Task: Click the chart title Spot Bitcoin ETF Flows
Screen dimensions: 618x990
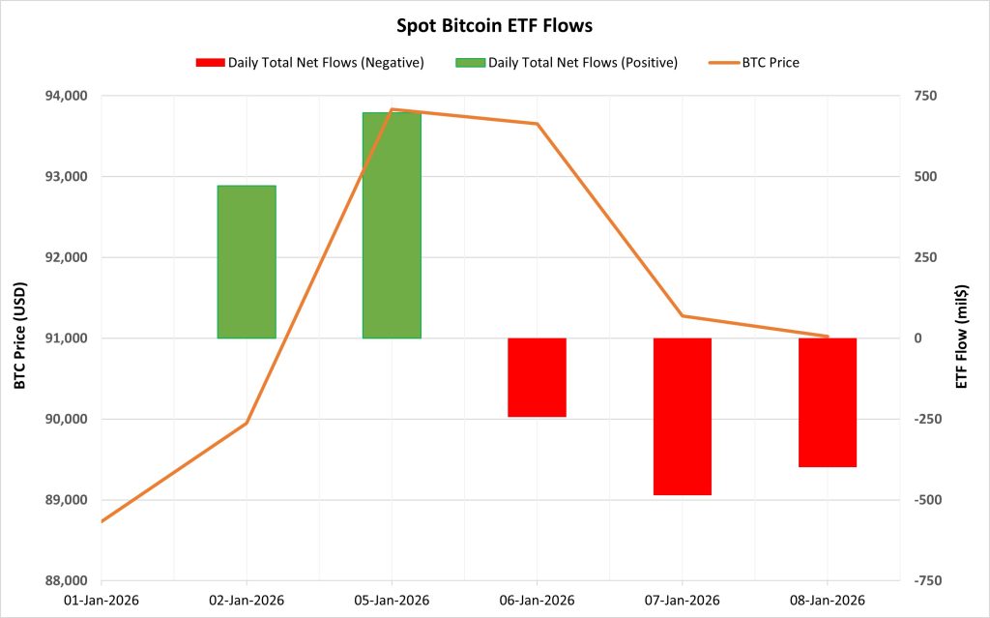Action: coord(494,22)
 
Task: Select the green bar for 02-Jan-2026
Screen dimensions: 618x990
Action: coord(247,261)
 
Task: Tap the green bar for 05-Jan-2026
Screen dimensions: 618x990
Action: coord(392,225)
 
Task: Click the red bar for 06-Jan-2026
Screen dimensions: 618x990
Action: coord(537,377)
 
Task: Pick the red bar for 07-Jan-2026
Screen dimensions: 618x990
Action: coord(682,416)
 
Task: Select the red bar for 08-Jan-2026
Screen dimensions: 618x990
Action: coord(828,402)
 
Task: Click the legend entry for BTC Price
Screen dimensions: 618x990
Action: coord(770,63)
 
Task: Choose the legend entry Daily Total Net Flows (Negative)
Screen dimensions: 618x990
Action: coord(325,63)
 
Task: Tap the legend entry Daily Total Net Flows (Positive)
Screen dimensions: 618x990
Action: coord(581,63)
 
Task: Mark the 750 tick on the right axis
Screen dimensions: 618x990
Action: coord(919,96)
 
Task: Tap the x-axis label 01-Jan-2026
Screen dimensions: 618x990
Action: coord(102,601)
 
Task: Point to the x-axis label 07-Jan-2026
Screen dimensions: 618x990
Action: coord(682,601)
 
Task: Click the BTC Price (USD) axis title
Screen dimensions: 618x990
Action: coord(20,337)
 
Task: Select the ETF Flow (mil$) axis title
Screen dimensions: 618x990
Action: coord(962,337)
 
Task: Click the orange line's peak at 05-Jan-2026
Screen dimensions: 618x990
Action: coord(392,109)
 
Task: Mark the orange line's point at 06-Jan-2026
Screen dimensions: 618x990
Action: coord(537,124)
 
